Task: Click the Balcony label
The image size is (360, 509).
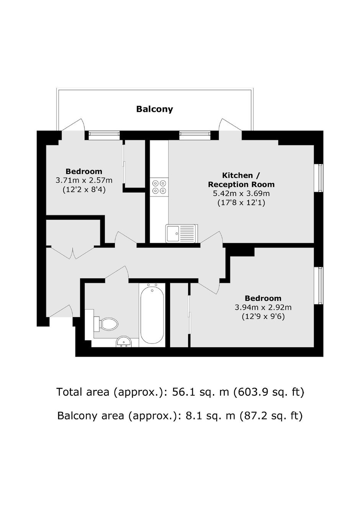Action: pyautogui.click(x=154, y=109)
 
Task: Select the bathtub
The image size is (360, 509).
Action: pyautogui.click(x=152, y=316)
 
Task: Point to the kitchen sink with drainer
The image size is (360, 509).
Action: pyautogui.click(x=182, y=233)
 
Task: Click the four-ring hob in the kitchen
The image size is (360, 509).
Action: pyautogui.click(x=159, y=187)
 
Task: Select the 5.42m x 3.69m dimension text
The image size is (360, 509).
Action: pyautogui.click(x=241, y=193)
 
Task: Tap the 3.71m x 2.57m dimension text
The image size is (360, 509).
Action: pyautogui.click(x=84, y=180)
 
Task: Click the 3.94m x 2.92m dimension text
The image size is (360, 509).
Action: pyautogui.click(x=263, y=308)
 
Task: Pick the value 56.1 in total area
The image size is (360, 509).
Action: pyautogui.click(x=183, y=392)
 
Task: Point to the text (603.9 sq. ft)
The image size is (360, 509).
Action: pyautogui.click(x=269, y=392)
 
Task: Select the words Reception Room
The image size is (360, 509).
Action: pyautogui.click(x=241, y=184)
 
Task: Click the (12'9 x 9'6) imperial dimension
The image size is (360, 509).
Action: pyautogui.click(x=263, y=316)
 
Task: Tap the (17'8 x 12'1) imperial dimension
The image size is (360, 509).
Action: pyautogui.click(x=241, y=203)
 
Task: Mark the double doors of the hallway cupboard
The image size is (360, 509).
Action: pyautogui.click(x=73, y=252)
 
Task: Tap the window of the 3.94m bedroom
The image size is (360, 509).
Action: pyautogui.click(x=320, y=285)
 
